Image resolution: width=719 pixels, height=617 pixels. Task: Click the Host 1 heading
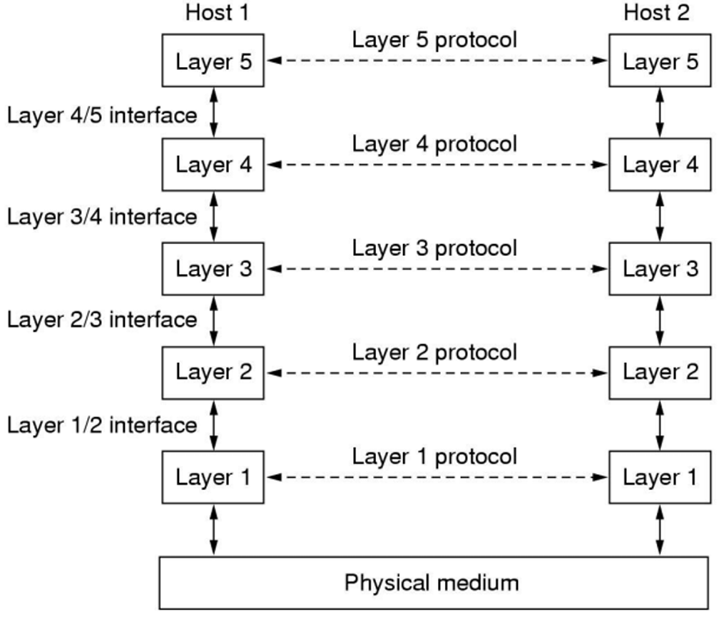tap(217, 12)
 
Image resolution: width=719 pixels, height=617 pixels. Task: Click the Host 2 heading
tap(657, 12)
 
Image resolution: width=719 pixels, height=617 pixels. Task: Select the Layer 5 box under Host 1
tap(213, 60)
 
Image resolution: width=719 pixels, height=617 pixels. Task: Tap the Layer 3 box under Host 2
tap(660, 269)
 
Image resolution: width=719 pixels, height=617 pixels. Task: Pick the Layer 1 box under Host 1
tap(213, 477)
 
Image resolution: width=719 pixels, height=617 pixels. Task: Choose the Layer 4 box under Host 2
tap(660, 165)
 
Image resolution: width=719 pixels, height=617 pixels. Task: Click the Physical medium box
tap(434, 583)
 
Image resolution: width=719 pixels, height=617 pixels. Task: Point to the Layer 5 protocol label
tap(434, 40)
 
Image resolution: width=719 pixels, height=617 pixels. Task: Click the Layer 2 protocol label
tap(434, 352)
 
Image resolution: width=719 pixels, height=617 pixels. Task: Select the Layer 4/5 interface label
tap(102, 116)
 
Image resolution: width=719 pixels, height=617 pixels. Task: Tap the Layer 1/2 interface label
tap(102, 425)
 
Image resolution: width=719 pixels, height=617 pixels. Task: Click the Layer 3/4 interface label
tap(102, 217)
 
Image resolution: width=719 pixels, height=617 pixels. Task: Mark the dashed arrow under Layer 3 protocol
tap(437, 269)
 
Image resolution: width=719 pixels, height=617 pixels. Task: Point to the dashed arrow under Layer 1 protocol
tap(437, 478)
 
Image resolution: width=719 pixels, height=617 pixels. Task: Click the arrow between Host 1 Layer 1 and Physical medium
tap(213, 530)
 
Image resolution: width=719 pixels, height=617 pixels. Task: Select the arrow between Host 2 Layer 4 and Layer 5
tap(660, 112)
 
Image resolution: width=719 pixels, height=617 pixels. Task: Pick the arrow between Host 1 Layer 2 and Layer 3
tap(213, 321)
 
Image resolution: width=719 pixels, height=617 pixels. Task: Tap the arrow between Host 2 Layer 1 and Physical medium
tap(660, 530)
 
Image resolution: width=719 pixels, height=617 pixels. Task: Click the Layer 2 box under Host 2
tap(660, 372)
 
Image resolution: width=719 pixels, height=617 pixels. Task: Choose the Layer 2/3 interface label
tap(102, 320)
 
